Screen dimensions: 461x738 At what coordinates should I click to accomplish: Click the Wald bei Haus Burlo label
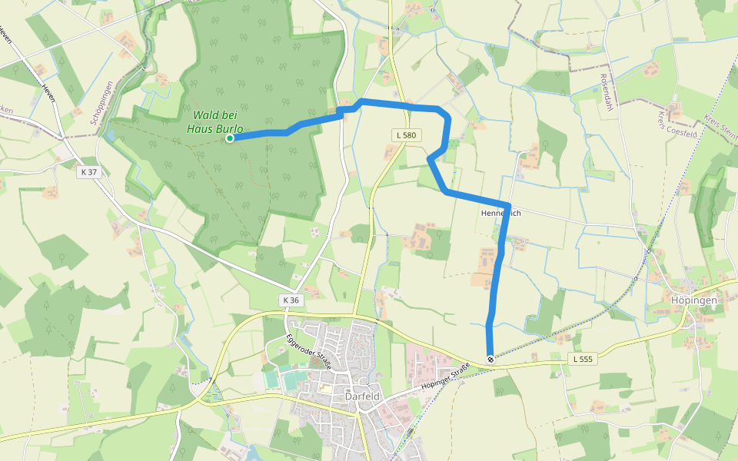(x=214, y=123)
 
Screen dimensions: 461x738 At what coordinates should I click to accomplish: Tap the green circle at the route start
(x=230, y=138)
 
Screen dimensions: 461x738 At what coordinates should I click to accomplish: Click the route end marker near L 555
(x=490, y=359)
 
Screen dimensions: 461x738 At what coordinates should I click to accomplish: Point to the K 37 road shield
(x=89, y=172)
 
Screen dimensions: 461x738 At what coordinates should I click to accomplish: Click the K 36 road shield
(x=290, y=299)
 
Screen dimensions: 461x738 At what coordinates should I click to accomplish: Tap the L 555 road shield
(x=583, y=359)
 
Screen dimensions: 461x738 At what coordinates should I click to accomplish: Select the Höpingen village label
(x=693, y=300)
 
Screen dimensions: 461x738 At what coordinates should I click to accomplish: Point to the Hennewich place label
(x=500, y=213)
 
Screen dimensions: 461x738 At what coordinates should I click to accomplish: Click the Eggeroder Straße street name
(x=307, y=353)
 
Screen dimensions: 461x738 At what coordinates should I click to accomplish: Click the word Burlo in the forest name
(x=229, y=129)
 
